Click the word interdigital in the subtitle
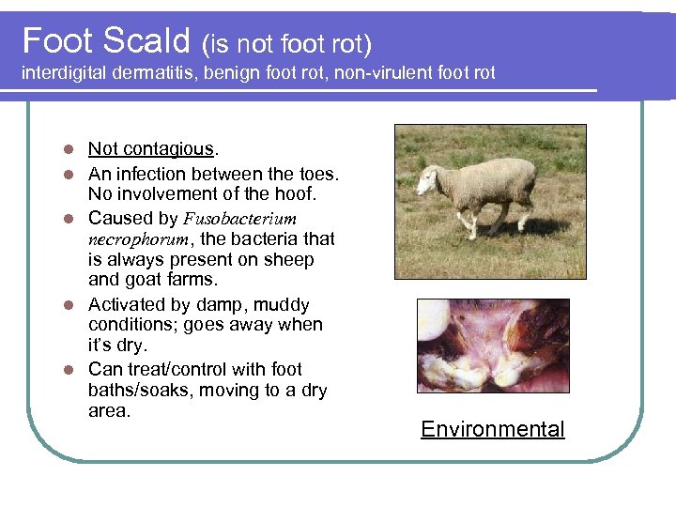pyautogui.click(x=66, y=72)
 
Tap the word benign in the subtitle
pyautogui.click(x=239, y=72)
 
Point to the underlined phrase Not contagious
pyautogui.click(x=151, y=148)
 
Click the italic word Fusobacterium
pyautogui.click(x=239, y=219)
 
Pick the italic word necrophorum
pyautogui.click(x=131, y=239)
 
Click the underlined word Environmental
pyautogui.click(x=493, y=430)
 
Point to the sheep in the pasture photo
pyautogui.click(x=479, y=188)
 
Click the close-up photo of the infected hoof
pyautogui.click(x=493, y=345)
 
